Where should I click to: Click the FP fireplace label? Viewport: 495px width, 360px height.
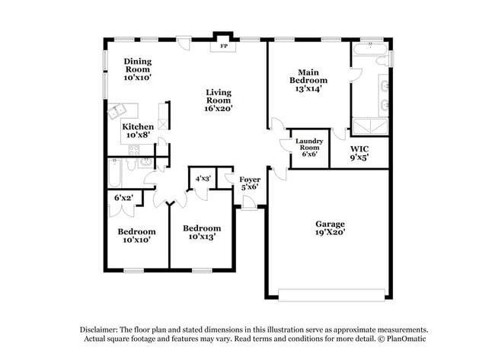[x=224, y=46]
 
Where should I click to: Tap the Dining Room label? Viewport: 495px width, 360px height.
[x=139, y=64]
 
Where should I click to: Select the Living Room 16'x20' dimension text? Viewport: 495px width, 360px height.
[x=218, y=108]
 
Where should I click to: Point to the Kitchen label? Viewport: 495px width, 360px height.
[x=138, y=126]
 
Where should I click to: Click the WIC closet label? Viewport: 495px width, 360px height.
[x=359, y=149]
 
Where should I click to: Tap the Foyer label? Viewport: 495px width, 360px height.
[x=250, y=180]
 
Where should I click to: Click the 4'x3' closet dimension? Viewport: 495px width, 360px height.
[x=203, y=179]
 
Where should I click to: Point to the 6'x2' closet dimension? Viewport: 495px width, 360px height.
[x=123, y=198]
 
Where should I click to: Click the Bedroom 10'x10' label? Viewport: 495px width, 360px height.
[x=136, y=231]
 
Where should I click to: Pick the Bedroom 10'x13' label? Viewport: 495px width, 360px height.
[x=202, y=228]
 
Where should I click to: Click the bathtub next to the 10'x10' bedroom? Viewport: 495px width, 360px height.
[x=113, y=174]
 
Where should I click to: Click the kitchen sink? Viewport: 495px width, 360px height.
[x=119, y=111]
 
